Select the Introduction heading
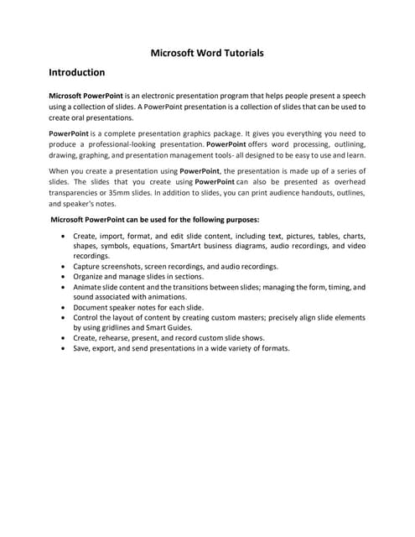[77, 73]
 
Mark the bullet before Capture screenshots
[65, 266]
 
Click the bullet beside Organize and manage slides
[65, 276]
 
